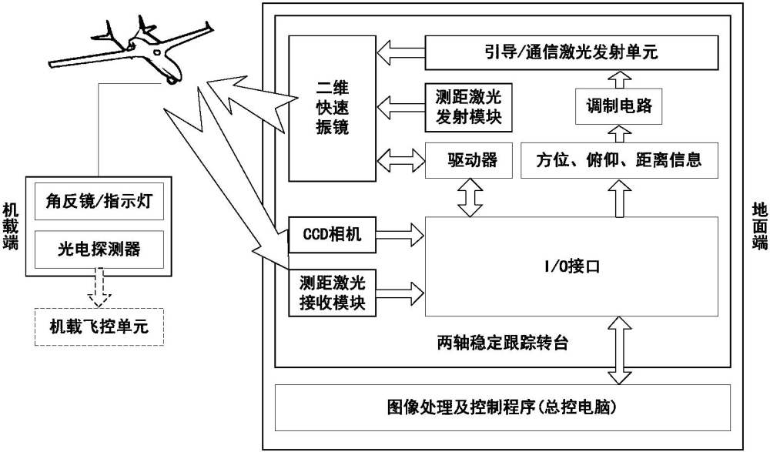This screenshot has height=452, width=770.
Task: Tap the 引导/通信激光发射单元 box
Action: [x=565, y=53]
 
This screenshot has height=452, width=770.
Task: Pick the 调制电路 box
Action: [x=614, y=107]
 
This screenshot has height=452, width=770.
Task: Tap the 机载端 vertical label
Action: [x=10, y=223]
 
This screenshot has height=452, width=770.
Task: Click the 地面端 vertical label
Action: [x=758, y=223]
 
